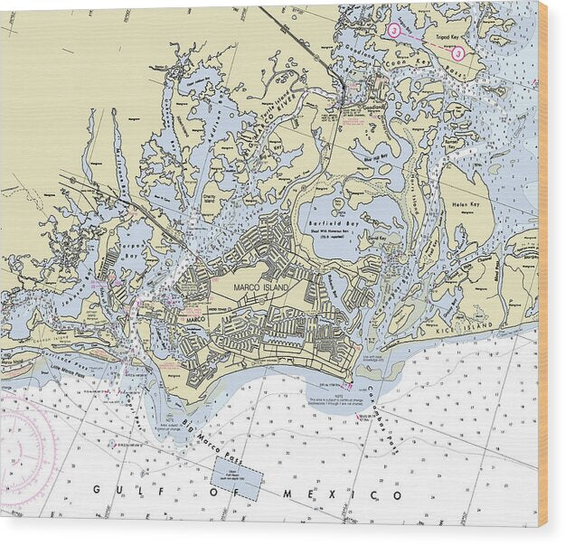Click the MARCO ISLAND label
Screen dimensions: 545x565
pyautogui.click(x=259, y=287)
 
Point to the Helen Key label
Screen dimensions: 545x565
pyautogui.click(x=473, y=202)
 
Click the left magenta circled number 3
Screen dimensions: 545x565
pyautogui.click(x=394, y=30)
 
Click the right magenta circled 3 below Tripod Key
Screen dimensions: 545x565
pyautogui.click(x=458, y=53)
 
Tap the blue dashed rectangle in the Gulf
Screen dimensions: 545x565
pyautogui.click(x=237, y=477)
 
